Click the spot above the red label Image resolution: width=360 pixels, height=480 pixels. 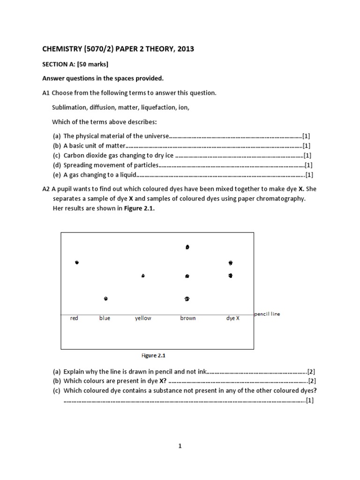[77, 262]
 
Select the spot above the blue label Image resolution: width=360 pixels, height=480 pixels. [106, 298]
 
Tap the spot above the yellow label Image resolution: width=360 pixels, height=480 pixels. [143, 276]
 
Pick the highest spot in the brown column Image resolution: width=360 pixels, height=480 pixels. [187, 247]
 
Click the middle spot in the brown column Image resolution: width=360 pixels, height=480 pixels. [187, 276]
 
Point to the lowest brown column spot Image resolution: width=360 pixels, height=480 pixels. [187, 298]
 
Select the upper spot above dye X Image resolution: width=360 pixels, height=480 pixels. [230, 263]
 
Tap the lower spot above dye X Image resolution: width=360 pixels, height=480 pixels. [230, 276]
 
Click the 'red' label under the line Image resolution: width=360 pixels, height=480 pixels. [74, 318]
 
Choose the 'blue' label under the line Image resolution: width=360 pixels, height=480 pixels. [105, 318]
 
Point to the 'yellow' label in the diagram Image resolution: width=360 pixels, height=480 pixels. [143, 318]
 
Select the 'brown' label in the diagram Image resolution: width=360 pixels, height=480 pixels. [188, 318]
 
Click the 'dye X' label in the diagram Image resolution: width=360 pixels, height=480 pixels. [233, 318]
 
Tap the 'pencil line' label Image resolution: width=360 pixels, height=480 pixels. [267, 314]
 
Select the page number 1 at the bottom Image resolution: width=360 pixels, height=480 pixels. [180, 446]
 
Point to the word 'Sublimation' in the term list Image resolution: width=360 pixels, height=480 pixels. [67, 107]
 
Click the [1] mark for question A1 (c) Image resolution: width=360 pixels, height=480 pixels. [307, 155]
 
